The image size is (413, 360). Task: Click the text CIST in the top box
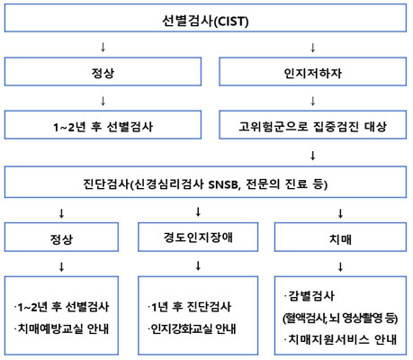coord(231,22)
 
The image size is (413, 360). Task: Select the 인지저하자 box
coord(313,72)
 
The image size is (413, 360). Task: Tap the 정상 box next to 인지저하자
coord(103,72)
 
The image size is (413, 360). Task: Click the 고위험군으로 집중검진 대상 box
coord(313,125)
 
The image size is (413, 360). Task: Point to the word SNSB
coord(223,184)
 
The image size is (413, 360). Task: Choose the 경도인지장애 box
coord(198,237)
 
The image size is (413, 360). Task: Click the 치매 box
coord(340,237)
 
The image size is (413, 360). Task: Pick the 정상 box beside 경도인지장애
coord(61,237)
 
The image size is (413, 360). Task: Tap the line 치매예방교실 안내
coord(62,328)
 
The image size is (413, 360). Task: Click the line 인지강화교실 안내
coord(193,328)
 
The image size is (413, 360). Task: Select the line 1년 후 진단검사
coord(190,307)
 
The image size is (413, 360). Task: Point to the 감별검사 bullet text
coord(310,296)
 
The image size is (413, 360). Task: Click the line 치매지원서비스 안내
coord(340,339)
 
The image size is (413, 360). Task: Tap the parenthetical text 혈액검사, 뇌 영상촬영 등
coord(340,318)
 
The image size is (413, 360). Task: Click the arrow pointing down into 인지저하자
coord(313,48)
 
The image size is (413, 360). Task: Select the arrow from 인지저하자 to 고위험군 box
coord(313,101)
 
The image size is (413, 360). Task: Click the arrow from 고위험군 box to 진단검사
coord(313,156)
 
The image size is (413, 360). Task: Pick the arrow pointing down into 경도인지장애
coord(198,211)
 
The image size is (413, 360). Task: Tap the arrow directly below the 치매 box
coord(340,266)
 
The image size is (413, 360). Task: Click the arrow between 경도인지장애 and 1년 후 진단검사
coord(198,265)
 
